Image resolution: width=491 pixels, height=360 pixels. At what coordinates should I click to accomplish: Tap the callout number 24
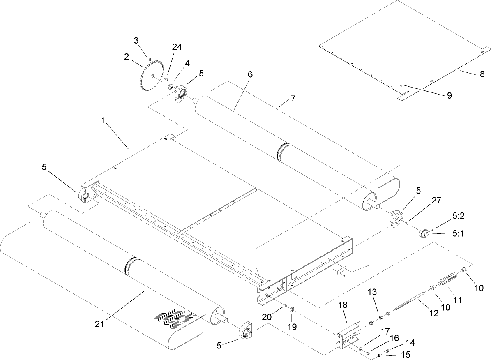pyautogui.click(x=177, y=47)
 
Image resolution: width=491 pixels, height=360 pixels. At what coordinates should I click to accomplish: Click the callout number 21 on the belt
pyautogui.click(x=99, y=324)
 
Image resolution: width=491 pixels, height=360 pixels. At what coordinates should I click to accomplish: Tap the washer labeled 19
pyautogui.click(x=292, y=309)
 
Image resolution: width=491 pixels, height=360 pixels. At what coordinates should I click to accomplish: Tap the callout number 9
pyautogui.click(x=449, y=95)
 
